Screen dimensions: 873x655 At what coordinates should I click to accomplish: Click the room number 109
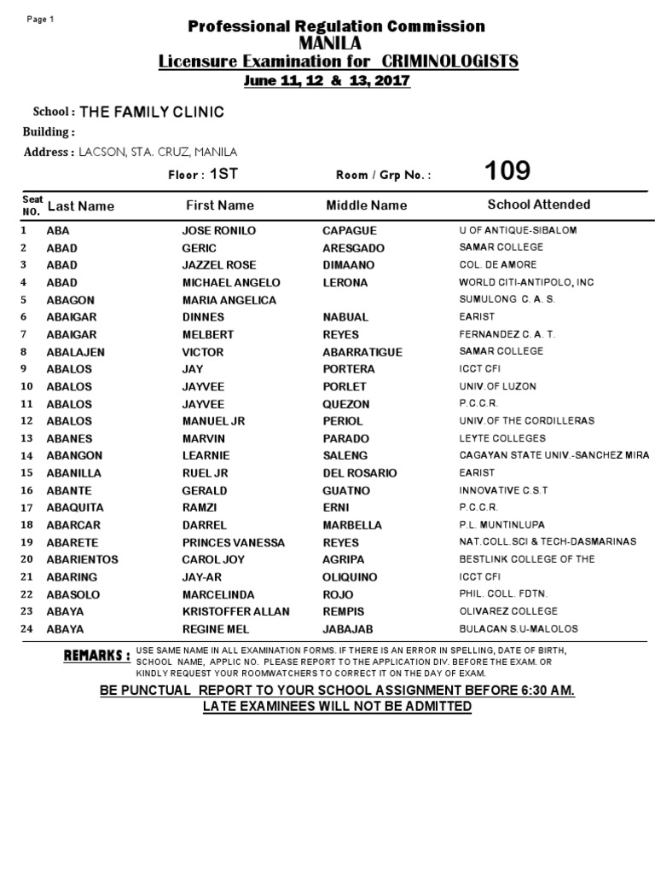(507, 171)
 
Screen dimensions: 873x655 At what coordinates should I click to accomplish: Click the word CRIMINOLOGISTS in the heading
(450, 61)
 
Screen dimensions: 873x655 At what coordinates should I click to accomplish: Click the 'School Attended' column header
(538, 205)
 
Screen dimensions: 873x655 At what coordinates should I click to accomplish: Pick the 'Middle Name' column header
(367, 205)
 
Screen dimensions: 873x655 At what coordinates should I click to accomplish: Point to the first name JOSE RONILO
(219, 230)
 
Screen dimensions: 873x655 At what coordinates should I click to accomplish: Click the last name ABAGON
(71, 300)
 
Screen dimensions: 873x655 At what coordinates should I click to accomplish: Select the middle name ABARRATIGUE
(362, 352)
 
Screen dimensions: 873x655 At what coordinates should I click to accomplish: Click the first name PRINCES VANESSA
(234, 542)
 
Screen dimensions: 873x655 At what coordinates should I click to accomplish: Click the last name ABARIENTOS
(83, 559)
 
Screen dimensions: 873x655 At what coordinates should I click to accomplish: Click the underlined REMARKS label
(97, 656)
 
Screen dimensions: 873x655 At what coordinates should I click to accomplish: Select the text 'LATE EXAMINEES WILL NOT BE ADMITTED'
(336, 707)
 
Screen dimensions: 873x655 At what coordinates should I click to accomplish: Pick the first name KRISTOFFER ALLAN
(236, 611)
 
